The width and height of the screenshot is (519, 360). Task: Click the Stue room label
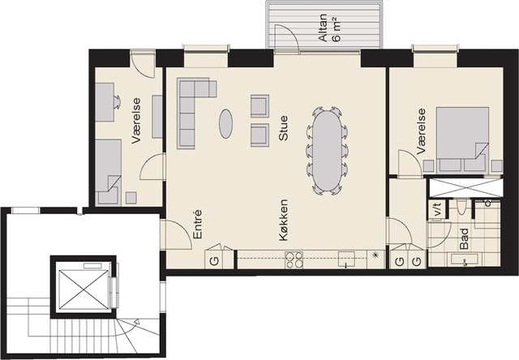point(283,128)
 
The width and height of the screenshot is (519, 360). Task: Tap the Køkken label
point(283,220)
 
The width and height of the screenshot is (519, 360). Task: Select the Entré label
point(197,224)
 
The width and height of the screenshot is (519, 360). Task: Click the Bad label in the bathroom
point(465,238)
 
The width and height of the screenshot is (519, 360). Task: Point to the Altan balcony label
point(323,28)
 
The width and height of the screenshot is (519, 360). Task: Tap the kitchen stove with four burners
point(294,259)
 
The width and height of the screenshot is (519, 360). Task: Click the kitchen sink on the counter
point(346,259)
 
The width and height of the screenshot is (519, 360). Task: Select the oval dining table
point(327,151)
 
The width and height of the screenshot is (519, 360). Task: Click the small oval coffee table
point(225,123)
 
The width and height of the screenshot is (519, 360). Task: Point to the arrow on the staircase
point(136,320)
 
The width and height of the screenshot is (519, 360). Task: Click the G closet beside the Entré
point(214,259)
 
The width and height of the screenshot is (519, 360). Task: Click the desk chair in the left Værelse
point(117,102)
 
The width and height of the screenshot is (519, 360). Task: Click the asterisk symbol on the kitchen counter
point(375,255)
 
